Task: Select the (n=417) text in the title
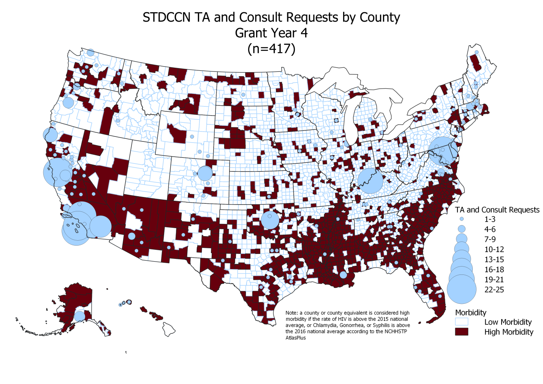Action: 271,49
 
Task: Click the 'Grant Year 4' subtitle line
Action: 271,33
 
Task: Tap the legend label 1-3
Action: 490,219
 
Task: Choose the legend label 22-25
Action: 494,290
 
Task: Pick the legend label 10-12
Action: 494,249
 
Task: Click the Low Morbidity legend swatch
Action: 462,322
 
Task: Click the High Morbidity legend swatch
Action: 462,332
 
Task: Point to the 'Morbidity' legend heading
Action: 470,313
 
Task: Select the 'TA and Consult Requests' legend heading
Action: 497,210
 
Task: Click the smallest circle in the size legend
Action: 462,219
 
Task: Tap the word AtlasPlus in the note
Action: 296,338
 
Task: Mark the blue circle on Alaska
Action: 79,316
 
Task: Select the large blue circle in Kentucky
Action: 370,181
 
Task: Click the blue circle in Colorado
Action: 205,173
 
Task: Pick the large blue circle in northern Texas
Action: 271,220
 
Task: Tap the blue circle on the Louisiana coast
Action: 343,275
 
